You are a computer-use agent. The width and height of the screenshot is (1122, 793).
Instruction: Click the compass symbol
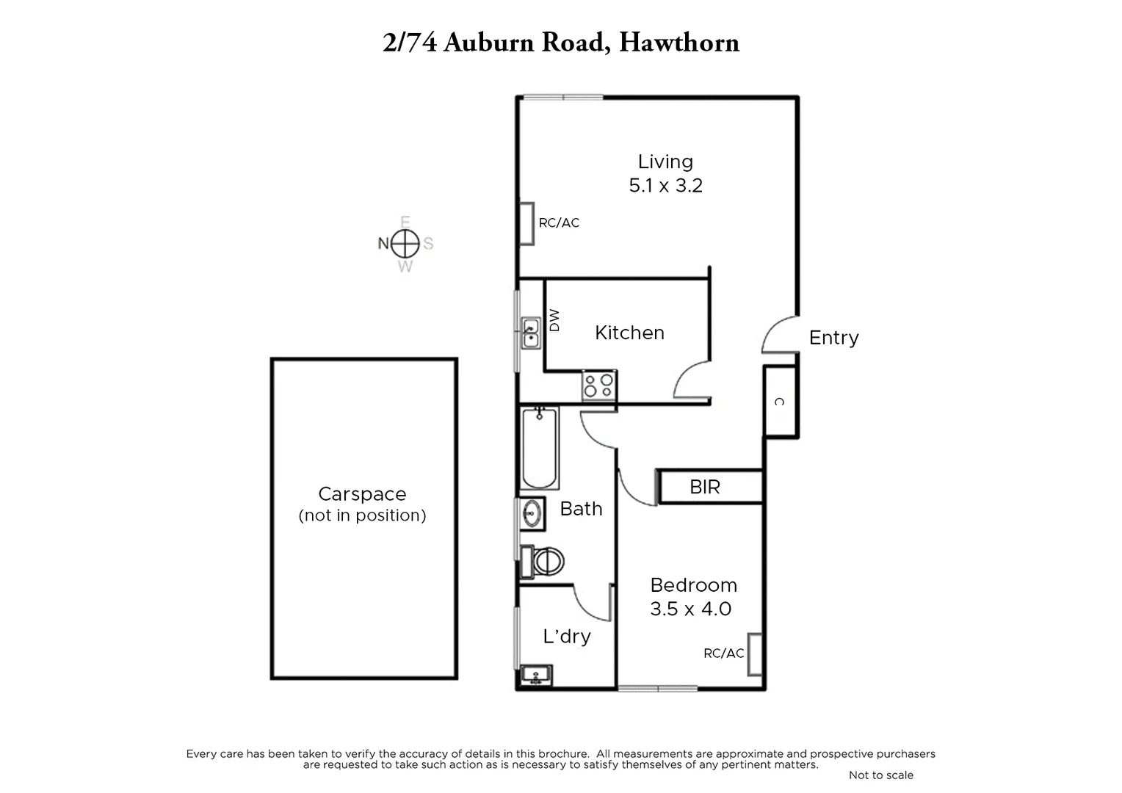405,243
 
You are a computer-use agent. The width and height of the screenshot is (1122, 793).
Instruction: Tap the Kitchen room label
629,333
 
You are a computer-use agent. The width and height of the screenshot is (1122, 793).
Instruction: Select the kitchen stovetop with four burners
599,385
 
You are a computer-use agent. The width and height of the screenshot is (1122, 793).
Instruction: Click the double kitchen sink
530,333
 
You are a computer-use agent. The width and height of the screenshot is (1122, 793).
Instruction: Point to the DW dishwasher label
554,319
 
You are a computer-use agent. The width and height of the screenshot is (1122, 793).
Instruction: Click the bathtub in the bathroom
539,448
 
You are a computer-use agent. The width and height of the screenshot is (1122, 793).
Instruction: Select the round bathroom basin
532,513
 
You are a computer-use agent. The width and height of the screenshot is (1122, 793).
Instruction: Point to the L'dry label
566,636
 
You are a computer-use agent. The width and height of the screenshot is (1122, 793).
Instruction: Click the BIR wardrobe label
705,487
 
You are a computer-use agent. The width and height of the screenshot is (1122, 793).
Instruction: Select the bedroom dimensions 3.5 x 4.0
690,609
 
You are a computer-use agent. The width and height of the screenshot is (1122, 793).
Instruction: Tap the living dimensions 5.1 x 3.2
665,185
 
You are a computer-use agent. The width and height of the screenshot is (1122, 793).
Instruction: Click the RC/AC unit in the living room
526,224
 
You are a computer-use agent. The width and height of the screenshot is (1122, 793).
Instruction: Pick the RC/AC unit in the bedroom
755,653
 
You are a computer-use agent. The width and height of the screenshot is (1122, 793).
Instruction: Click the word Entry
833,338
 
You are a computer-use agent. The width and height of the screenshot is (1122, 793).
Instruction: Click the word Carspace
362,494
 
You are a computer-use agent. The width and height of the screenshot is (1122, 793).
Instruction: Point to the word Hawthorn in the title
679,43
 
